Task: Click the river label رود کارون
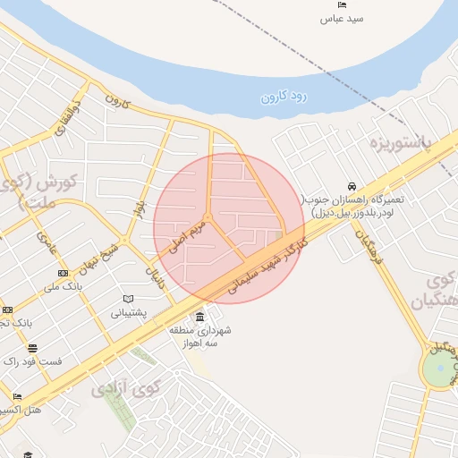pos(284,94)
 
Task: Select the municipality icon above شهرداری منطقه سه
pos(199,318)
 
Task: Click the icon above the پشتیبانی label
pos(129,299)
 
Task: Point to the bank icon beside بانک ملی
pos(62,273)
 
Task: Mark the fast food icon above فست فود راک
pos(33,348)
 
